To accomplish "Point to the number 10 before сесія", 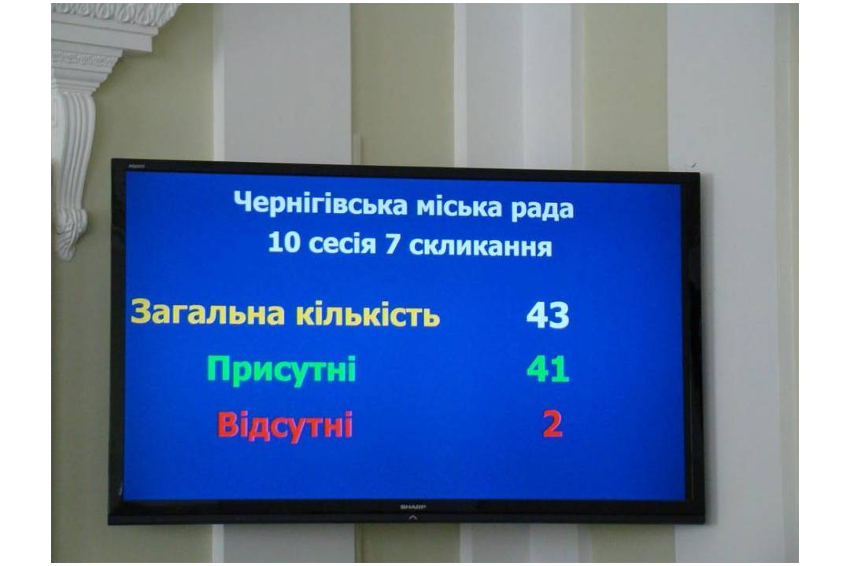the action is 283,242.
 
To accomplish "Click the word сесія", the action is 342,244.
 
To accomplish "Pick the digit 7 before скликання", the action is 393,244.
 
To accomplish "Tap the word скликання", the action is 480,247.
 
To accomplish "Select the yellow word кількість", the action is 368,314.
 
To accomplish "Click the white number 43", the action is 548,315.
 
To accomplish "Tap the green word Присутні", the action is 281,369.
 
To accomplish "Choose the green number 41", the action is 548,369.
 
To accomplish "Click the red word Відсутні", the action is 285,424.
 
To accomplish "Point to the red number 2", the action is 552,424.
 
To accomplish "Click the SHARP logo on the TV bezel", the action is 413,507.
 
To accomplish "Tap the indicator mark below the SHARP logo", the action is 413,517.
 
